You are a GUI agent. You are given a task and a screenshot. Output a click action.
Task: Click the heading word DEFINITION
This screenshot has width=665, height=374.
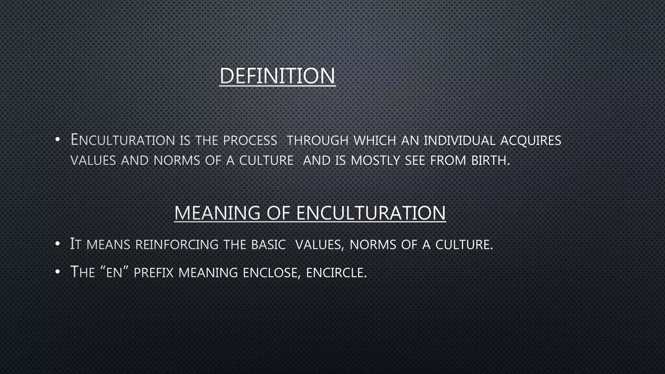pyautogui.click(x=277, y=76)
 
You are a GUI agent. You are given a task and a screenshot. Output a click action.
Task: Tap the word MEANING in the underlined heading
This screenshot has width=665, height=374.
pyautogui.click(x=217, y=213)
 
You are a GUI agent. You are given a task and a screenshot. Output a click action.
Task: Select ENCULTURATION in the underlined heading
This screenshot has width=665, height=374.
pyautogui.click(x=371, y=213)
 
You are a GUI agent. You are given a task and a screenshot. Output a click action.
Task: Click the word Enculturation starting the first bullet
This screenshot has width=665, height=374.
pyautogui.click(x=123, y=140)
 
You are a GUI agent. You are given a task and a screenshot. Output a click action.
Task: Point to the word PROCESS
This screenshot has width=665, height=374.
pyautogui.click(x=250, y=141)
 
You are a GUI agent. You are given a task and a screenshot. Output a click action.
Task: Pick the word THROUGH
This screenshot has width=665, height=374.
pyautogui.click(x=318, y=141)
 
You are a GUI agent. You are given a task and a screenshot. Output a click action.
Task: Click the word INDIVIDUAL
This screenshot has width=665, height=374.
pyautogui.click(x=459, y=141)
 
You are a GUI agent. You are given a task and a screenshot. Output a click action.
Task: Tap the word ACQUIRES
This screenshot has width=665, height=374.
pyautogui.click(x=531, y=141)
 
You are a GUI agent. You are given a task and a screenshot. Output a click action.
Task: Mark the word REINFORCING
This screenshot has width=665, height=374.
pyautogui.click(x=177, y=244)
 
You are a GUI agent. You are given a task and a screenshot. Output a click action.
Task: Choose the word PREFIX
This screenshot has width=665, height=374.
pyautogui.click(x=154, y=272)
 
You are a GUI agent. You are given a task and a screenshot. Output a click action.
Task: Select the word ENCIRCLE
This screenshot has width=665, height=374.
pyautogui.click(x=336, y=272)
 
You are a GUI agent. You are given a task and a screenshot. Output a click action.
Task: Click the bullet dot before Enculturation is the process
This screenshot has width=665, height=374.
pyautogui.click(x=57, y=140)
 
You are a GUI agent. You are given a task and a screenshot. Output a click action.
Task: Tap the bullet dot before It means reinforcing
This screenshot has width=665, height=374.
pyautogui.click(x=57, y=244)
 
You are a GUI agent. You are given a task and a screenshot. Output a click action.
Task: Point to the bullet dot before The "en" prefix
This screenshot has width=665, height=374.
pyautogui.click(x=57, y=272)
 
